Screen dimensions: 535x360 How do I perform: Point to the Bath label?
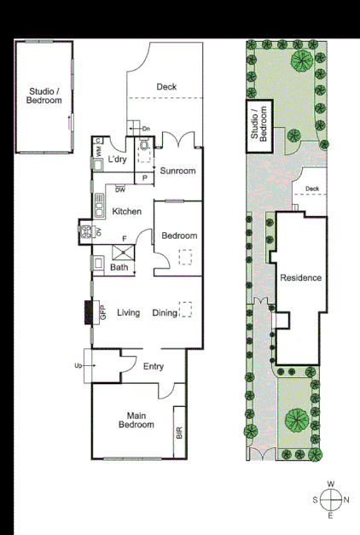click(x=119, y=268)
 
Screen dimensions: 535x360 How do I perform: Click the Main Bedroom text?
click(x=136, y=420)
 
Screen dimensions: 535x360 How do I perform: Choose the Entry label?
click(x=154, y=367)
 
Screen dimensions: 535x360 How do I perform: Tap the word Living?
click(x=129, y=313)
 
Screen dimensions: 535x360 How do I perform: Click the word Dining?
click(x=165, y=313)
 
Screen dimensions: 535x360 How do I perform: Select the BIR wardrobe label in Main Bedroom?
click(x=179, y=432)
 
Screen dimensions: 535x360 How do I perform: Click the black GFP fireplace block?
click(x=87, y=313)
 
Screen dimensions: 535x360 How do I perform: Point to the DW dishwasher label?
click(x=120, y=189)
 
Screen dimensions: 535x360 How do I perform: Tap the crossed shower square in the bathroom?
click(x=125, y=249)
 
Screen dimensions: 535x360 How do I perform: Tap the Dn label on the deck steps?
click(x=145, y=129)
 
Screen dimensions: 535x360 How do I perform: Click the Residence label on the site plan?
click(x=300, y=278)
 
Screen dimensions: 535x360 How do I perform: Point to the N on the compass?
click(x=346, y=500)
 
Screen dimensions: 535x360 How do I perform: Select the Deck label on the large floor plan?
click(x=166, y=86)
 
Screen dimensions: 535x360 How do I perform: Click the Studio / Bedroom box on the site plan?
click(x=258, y=125)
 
